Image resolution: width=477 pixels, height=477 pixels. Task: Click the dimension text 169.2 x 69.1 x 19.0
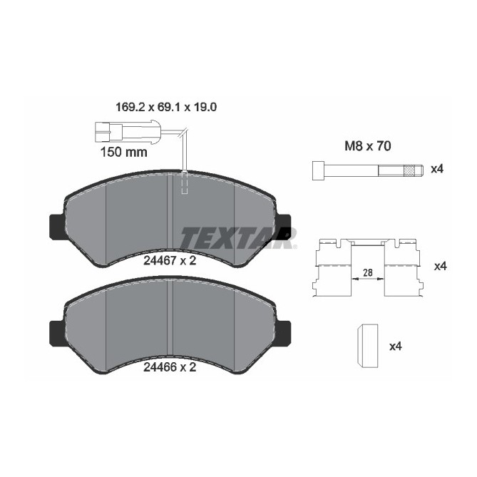click(x=165, y=108)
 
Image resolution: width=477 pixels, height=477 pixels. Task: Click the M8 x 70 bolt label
click(x=367, y=147)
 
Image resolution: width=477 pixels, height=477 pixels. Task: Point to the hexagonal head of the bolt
click(x=317, y=170)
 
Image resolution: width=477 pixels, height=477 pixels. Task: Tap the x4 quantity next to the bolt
click(x=438, y=170)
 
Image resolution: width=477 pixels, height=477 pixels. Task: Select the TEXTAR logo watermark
click(x=237, y=237)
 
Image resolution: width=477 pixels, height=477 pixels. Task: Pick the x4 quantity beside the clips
click(x=439, y=266)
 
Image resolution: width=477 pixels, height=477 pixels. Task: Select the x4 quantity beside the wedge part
click(x=396, y=347)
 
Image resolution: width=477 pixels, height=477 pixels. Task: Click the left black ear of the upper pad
click(x=56, y=227)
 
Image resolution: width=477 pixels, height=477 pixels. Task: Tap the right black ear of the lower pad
click(x=282, y=333)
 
